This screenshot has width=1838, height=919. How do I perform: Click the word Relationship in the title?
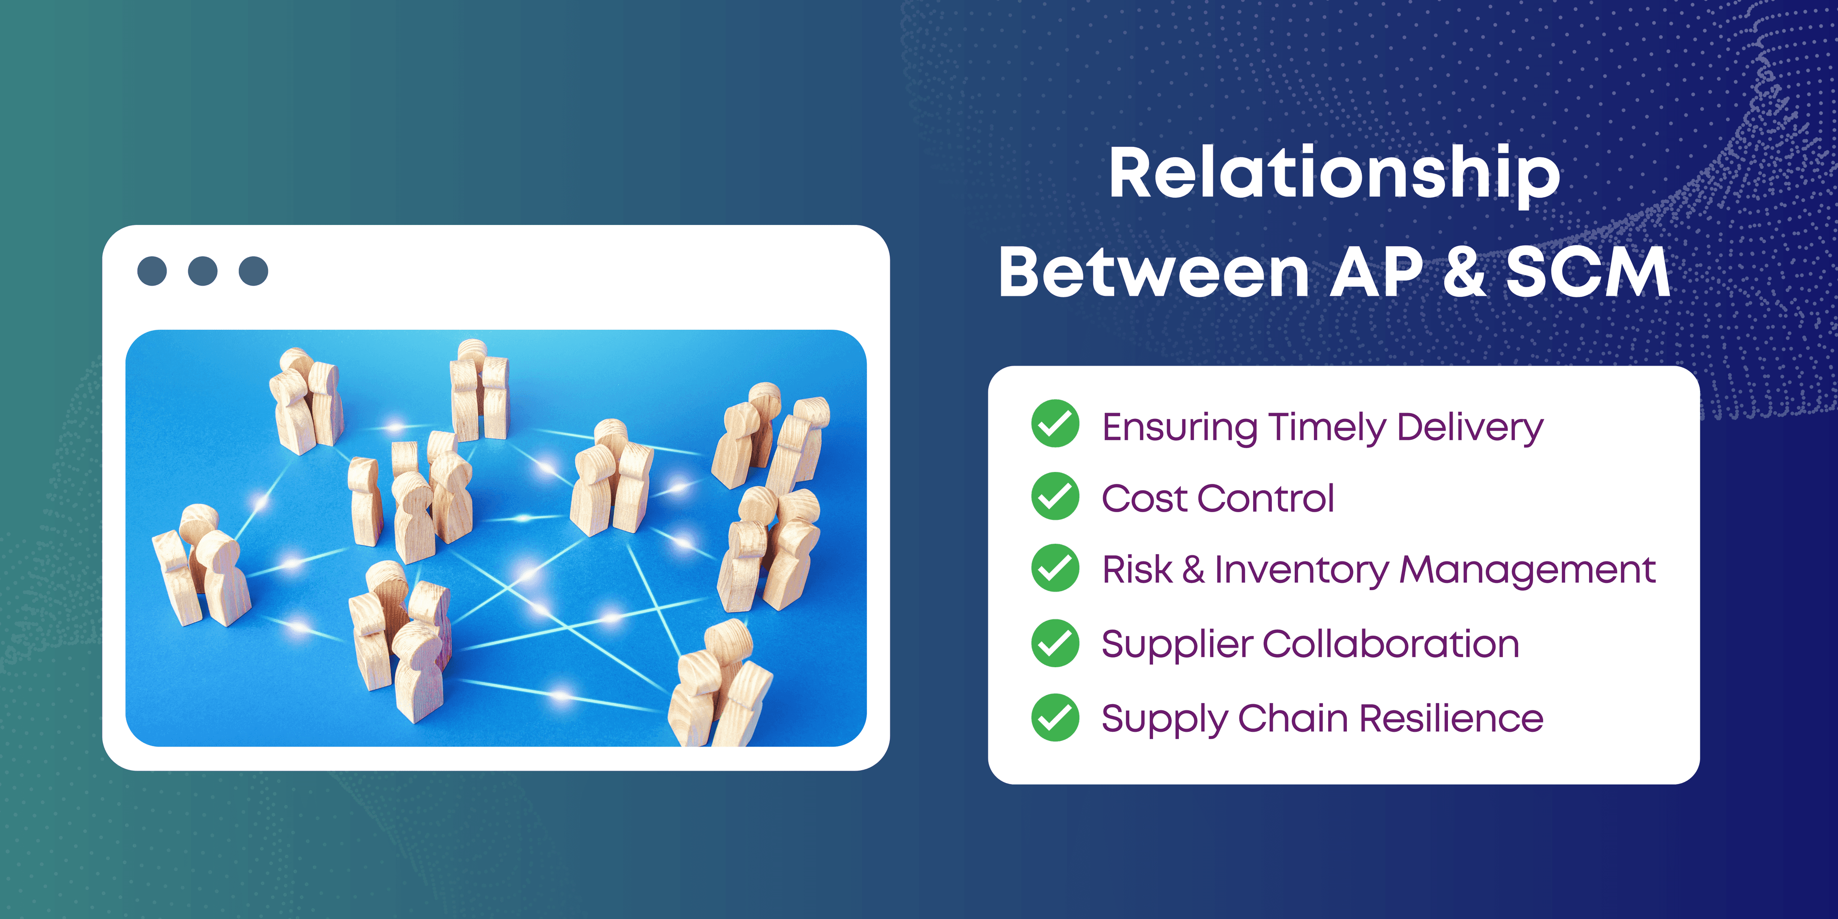1334,175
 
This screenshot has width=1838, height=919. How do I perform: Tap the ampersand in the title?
1464,272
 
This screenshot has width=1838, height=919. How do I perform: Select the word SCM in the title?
1588,272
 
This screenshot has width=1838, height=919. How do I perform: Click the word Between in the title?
1154,272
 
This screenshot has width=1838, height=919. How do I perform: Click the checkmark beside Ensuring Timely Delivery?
1055,423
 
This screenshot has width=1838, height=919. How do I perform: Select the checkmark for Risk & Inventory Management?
1055,568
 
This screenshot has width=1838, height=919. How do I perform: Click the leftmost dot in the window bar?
152,271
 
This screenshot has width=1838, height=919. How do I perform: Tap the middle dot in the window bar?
202,271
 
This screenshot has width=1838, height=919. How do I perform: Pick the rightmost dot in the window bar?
253,271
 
